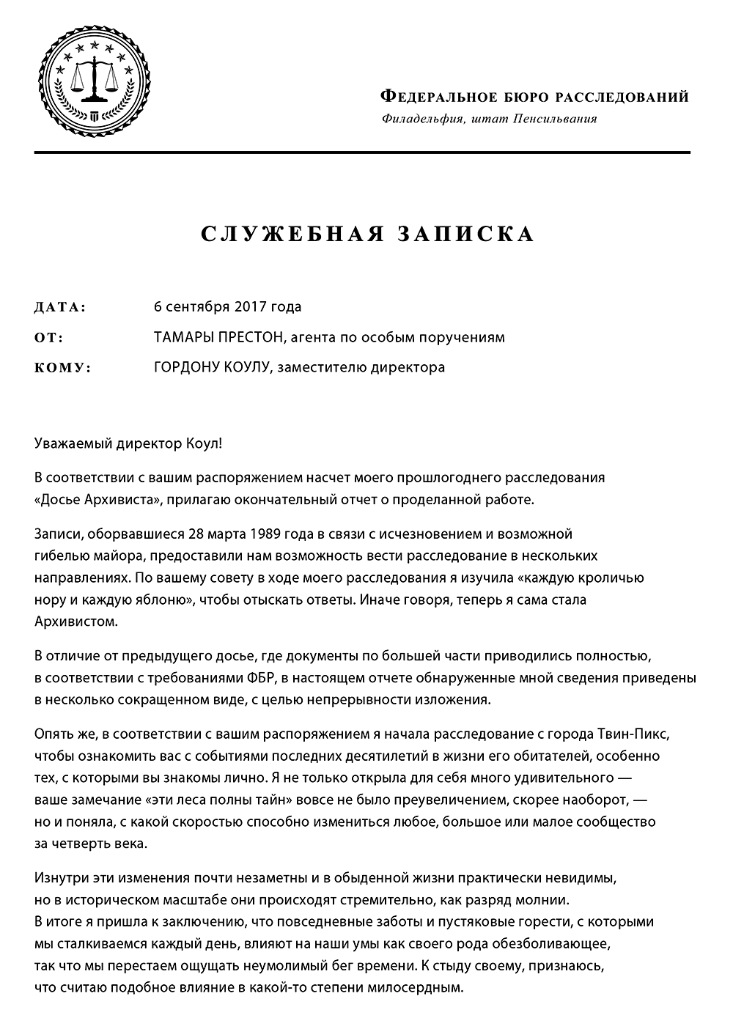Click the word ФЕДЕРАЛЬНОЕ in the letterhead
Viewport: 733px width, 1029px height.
(x=440, y=97)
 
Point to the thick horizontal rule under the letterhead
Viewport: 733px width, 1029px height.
(x=362, y=152)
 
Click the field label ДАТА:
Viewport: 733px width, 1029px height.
(x=60, y=307)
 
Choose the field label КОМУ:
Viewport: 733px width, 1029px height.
(x=63, y=368)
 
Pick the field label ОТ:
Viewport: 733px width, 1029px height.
(x=49, y=338)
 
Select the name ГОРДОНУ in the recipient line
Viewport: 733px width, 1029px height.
(x=185, y=367)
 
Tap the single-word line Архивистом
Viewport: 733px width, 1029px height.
(x=75, y=622)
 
